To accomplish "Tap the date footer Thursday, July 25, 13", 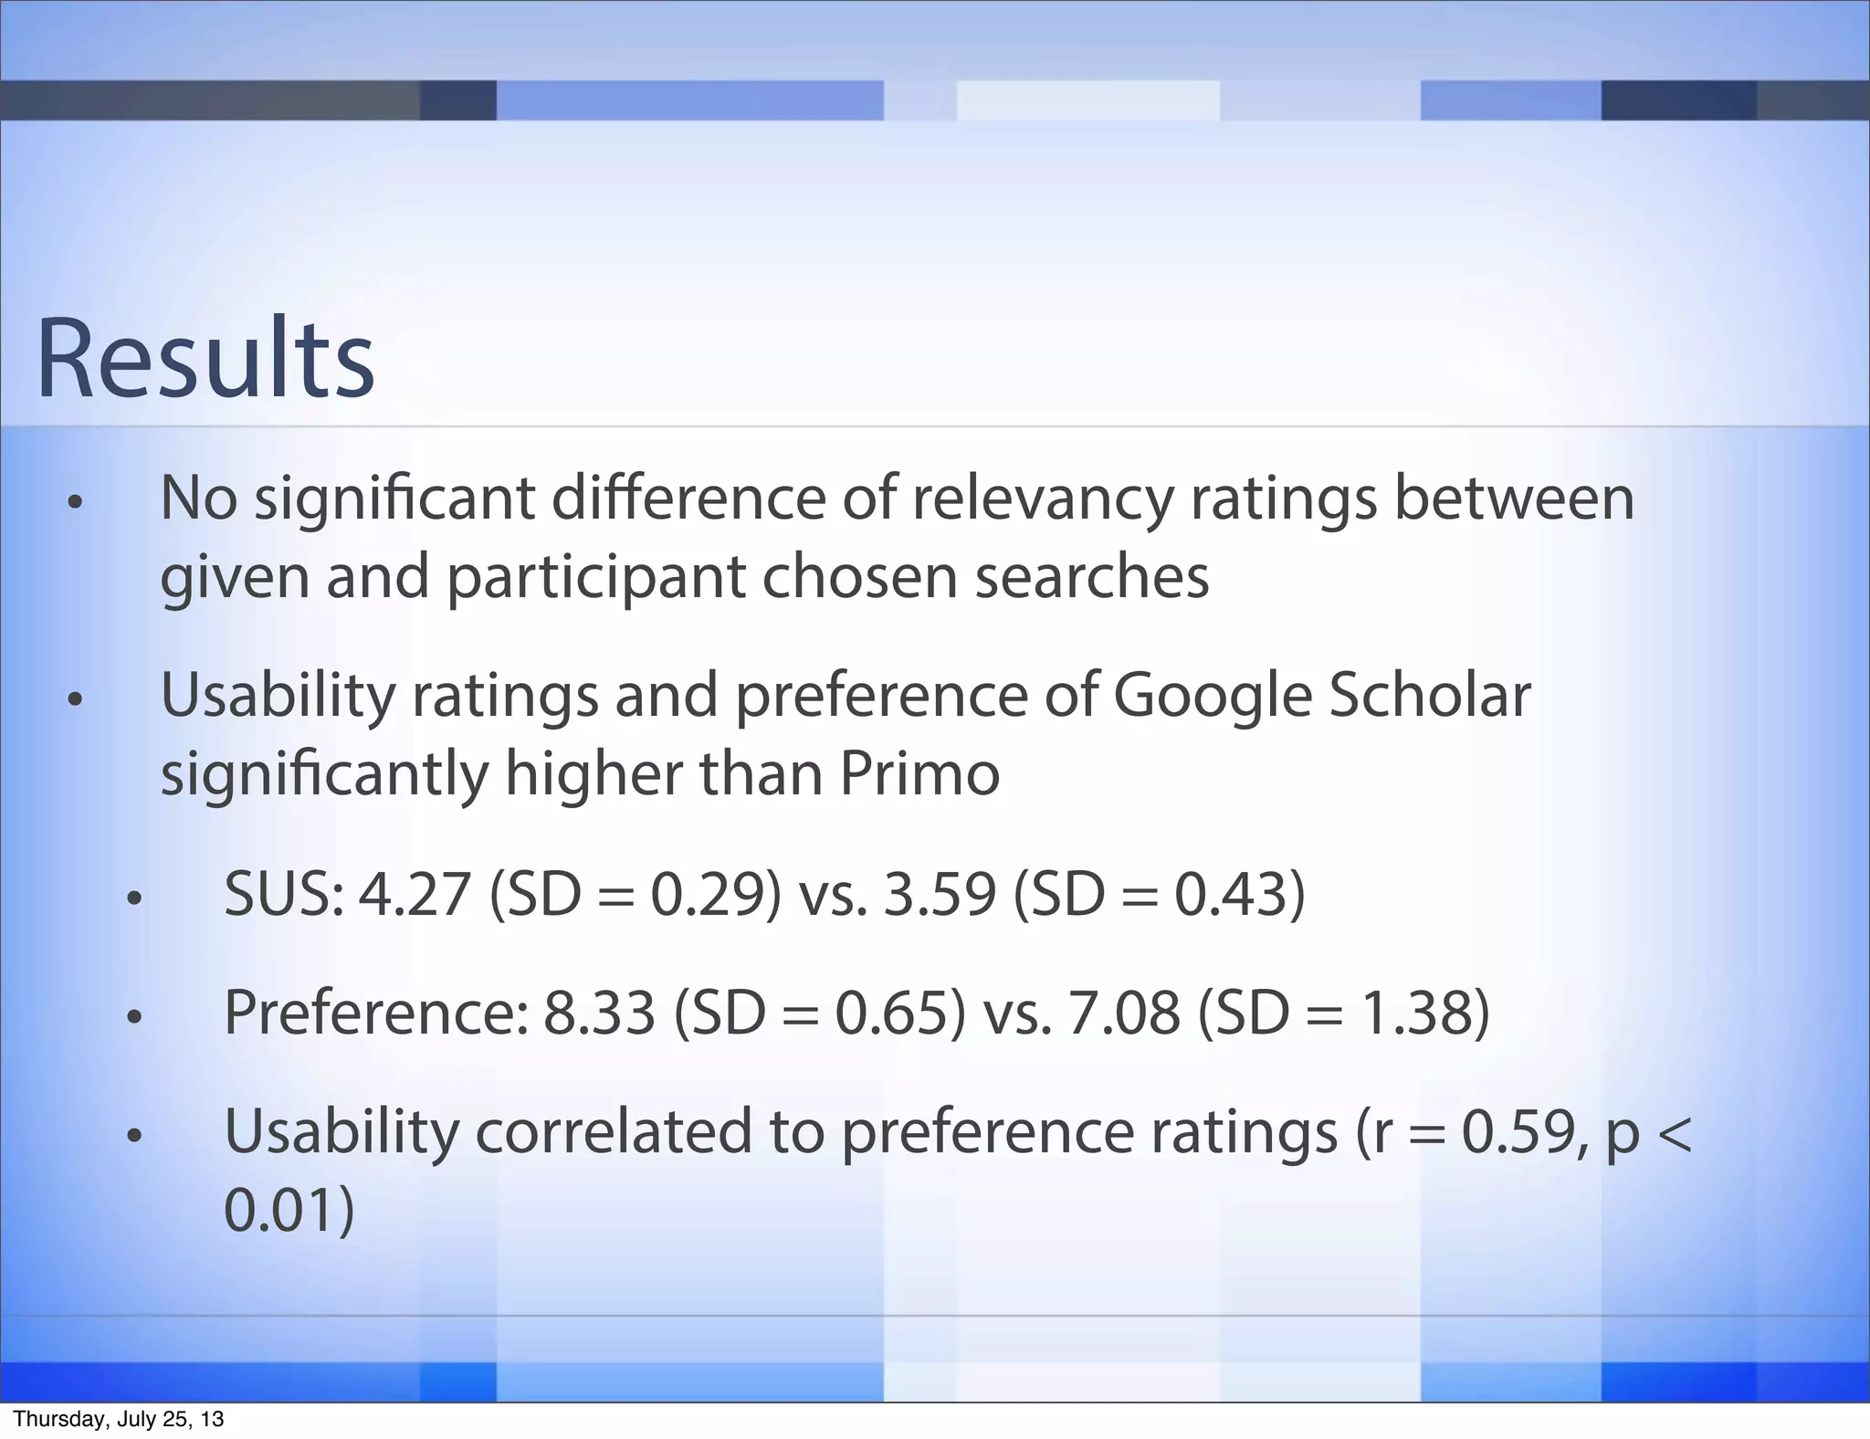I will [119, 1420].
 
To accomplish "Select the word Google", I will [1210, 696].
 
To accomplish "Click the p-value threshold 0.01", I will [278, 1211].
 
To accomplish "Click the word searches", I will [1091, 577].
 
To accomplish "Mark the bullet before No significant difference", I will [75, 503].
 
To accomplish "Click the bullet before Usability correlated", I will [135, 1137].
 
